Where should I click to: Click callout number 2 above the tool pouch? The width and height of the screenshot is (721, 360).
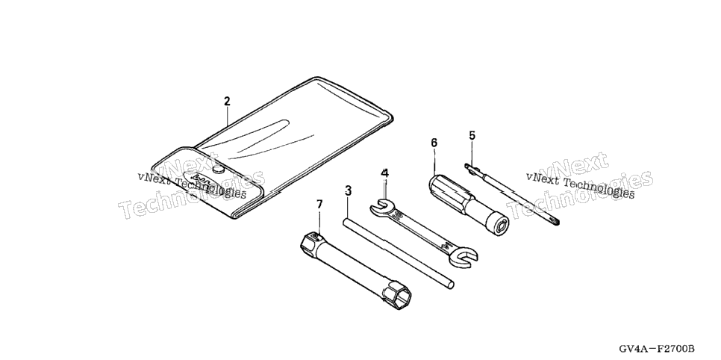(x=227, y=102)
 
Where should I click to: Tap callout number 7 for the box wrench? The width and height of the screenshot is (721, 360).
(x=320, y=204)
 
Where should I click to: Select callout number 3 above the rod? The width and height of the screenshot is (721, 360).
(x=348, y=190)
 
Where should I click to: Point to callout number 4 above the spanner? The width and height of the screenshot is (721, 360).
(x=385, y=173)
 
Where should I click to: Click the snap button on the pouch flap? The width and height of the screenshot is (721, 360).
(x=220, y=170)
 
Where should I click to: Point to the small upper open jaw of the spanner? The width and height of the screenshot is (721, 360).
(x=380, y=207)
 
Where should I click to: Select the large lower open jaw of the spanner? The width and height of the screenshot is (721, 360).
(x=464, y=256)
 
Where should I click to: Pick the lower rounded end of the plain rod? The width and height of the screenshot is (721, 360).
(x=451, y=285)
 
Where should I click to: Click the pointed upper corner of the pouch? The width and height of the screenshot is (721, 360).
(x=316, y=78)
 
